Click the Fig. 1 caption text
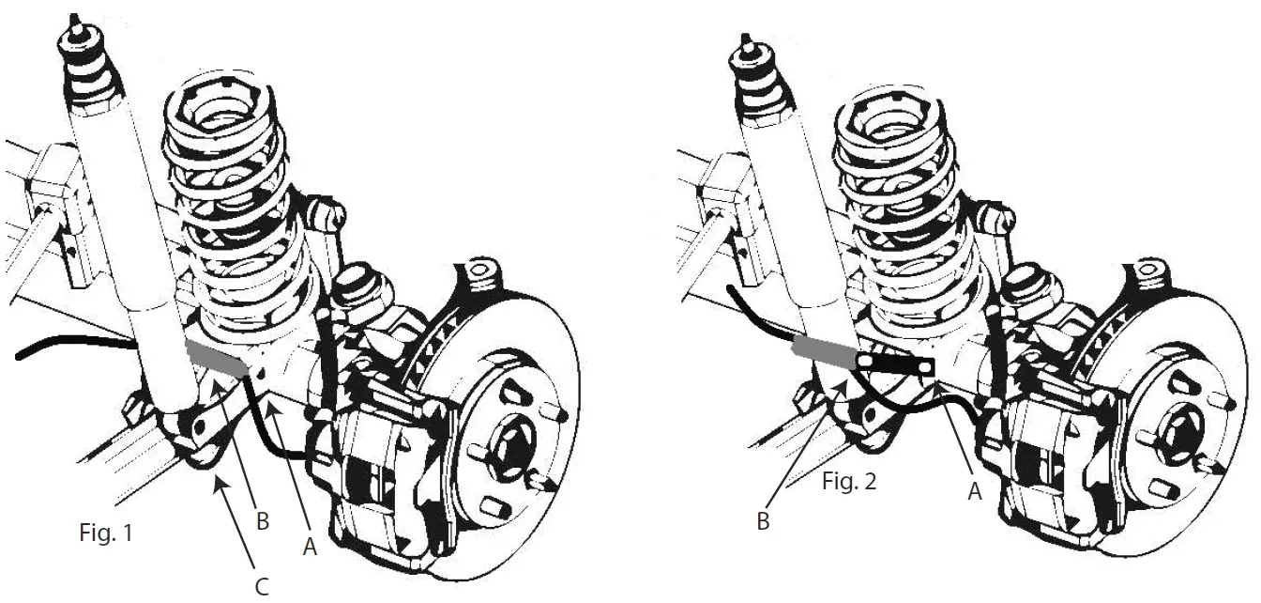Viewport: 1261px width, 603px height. coord(105,534)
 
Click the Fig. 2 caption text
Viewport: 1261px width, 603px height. coord(850,483)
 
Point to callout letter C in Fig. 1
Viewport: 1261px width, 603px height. coord(263,588)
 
